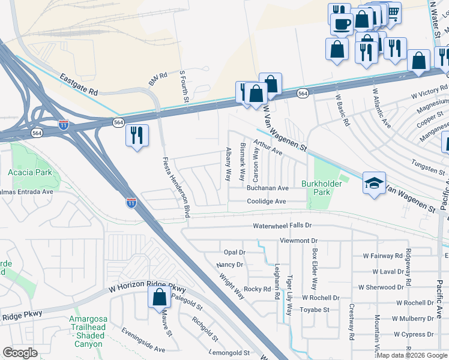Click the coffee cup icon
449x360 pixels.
[x=342, y=24]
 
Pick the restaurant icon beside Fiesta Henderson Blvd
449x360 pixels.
[x=137, y=134]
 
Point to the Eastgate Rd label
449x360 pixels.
[x=79, y=85]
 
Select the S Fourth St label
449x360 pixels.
[x=184, y=87]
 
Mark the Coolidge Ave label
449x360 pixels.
[x=267, y=202]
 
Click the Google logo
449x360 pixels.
[x=20, y=352]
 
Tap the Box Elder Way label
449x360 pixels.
[x=313, y=266]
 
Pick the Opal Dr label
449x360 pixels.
[x=234, y=253]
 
